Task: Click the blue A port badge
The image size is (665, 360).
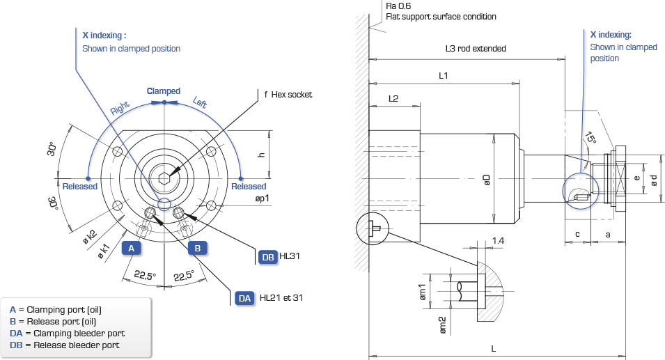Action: pyautogui.click(x=131, y=248)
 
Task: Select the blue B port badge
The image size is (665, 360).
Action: pyautogui.click(x=198, y=248)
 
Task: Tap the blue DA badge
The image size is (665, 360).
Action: pyautogui.click(x=244, y=298)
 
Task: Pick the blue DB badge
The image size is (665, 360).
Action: pyautogui.click(x=268, y=257)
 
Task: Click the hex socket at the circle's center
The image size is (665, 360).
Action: pyautogui.click(x=164, y=178)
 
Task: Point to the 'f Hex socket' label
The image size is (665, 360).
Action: pyautogui.click(x=288, y=95)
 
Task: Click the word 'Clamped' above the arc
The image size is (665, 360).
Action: pyautogui.click(x=163, y=91)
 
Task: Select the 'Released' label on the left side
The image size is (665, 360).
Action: pyautogui.click(x=80, y=187)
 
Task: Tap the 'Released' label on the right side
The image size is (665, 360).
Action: pyautogui.click(x=249, y=187)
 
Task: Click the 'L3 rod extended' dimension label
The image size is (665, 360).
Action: pyautogui.click(x=476, y=49)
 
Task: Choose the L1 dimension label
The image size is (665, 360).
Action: pyautogui.click(x=443, y=75)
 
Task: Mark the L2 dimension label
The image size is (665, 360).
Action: pyautogui.click(x=393, y=98)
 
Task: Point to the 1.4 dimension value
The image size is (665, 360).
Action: pyautogui.click(x=498, y=241)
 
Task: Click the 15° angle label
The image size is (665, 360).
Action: pyautogui.click(x=590, y=138)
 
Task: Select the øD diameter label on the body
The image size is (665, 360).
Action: pyautogui.click(x=487, y=180)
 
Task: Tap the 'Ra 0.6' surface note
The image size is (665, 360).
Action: pyautogui.click(x=398, y=6)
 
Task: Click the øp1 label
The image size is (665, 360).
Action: pyautogui.click(x=262, y=198)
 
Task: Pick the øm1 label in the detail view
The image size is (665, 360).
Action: pyautogui.click(x=423, y=292)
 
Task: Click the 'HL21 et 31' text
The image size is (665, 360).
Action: pyautogui.click(x=281, y=297)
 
